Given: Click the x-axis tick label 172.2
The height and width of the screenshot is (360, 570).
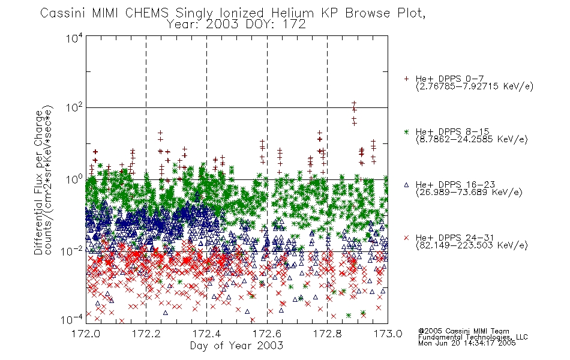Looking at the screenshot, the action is pos(146,334).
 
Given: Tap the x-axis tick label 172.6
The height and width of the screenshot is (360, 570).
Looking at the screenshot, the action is pos(267,334).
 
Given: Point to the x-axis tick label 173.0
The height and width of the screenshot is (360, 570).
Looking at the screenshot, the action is pos(388,334).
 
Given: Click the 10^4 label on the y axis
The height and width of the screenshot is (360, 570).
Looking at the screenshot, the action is pos(74,38).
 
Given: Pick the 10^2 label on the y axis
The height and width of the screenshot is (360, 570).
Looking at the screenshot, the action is pos(74,107).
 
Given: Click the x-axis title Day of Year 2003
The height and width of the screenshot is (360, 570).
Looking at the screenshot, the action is pos(236,346).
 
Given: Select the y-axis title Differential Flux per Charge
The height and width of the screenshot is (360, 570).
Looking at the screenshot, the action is pos(38,182).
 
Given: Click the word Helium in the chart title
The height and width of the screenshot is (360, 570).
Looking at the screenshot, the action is pos(292,13).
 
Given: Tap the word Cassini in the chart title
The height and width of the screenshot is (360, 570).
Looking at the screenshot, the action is pos(62,13).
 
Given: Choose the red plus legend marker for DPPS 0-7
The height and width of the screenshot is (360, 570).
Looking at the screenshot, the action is pos(406,79).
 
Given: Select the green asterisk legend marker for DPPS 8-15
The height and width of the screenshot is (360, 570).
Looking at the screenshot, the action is pos(406,131).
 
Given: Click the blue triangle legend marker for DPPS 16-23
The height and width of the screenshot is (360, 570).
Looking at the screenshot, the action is pos(406,185).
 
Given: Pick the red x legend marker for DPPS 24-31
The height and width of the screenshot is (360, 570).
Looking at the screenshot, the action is pos(406,238).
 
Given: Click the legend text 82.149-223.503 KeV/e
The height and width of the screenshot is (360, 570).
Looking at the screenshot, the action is pos(472,245).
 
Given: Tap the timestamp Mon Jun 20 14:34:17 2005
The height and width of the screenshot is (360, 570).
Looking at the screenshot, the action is pos(467,343).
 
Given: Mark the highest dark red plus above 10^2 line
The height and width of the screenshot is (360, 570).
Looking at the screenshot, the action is pos(354,103).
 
